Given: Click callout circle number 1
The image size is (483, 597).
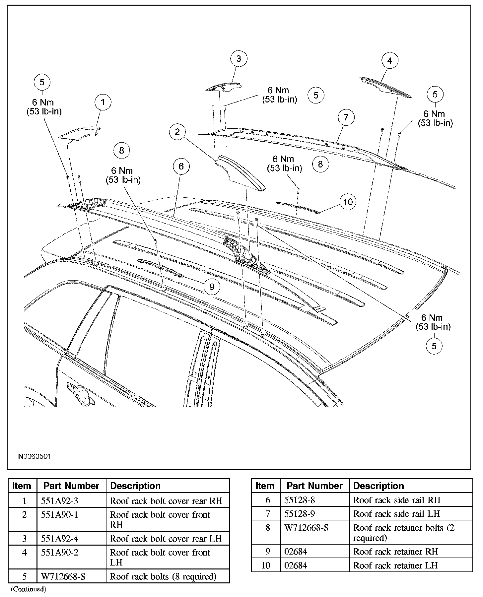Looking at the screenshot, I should (x=103, y=102).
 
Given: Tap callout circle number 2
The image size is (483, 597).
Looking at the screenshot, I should (x=177, y=132).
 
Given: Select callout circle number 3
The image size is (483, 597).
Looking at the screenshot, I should (x=239, y=59).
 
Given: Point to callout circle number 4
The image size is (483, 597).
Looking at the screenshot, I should (x=390, y=61).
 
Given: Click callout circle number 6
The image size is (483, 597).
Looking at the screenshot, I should (x=181, y=166).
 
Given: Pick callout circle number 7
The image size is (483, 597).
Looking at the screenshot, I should (x=346, y=117).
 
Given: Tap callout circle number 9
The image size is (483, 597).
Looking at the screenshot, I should (x=212, y=287).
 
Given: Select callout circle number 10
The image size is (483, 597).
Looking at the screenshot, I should (x=348, y=202).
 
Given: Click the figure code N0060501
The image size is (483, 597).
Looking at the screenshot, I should (x=34, y=456).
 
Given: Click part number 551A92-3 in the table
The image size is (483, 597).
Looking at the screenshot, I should (x=60, y=501).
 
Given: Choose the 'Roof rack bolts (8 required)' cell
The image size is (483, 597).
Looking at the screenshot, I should (x=163, y=576).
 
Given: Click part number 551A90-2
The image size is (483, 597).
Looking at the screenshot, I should (x=60, y=553).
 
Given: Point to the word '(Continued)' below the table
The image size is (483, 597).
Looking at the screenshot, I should (x=29, y=589).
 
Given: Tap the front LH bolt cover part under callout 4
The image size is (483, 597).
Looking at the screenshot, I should (x=385, y=86).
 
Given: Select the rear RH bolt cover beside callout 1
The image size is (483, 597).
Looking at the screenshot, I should (x=80, y=133).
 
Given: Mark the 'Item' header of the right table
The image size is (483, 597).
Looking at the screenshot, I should (x=265, y=486).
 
